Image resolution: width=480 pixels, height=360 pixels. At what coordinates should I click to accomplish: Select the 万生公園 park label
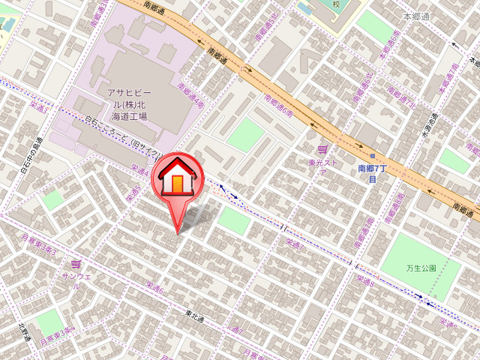point(421,267)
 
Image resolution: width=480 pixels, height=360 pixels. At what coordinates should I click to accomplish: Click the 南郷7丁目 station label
point(371,174)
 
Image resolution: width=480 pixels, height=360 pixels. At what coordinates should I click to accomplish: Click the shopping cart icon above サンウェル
point(76,264)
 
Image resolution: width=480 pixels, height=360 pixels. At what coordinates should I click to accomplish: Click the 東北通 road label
point(194,319)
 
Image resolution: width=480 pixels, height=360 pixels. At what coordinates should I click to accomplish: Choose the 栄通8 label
point(364,280)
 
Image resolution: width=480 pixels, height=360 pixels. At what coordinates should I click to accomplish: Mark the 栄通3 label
point(38,108)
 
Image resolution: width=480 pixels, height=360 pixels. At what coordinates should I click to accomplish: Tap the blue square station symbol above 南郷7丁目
point(372,156)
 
